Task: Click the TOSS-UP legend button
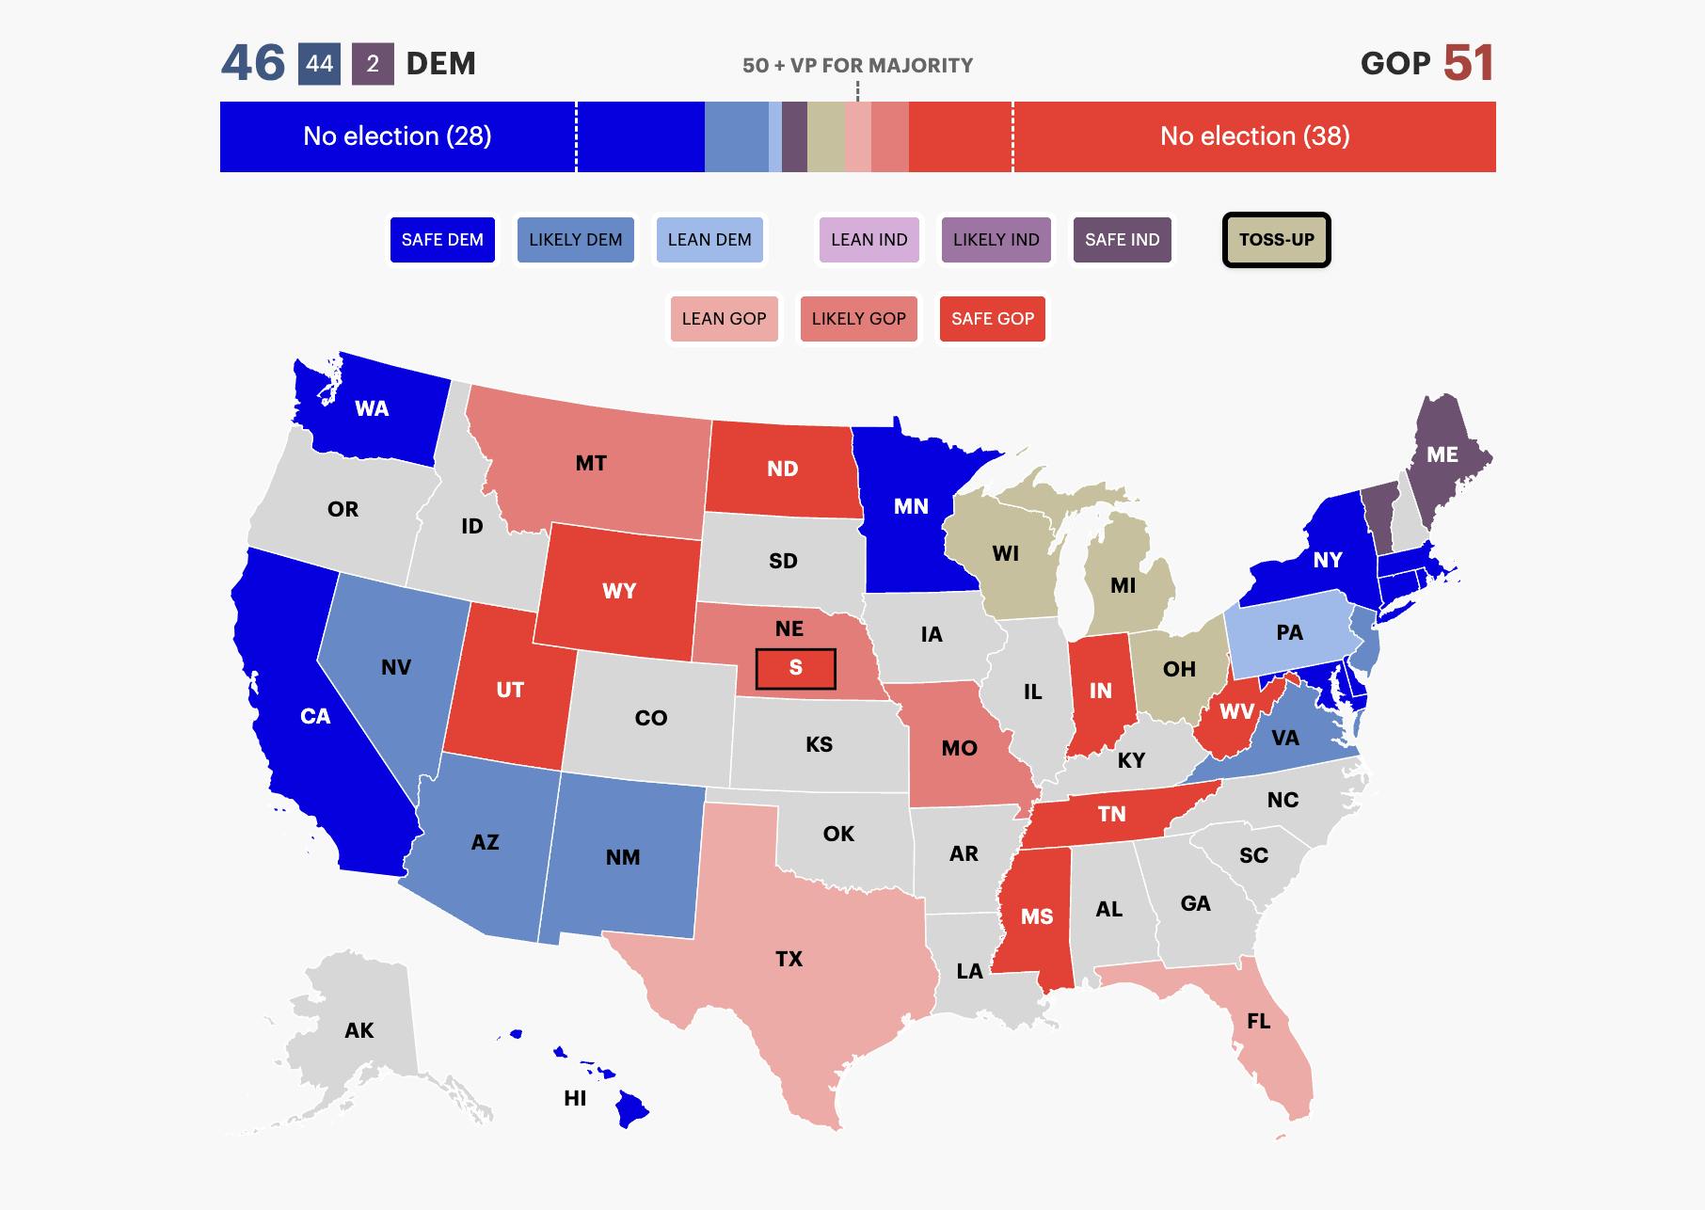coord(1276,240)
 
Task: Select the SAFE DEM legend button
coord(442,240)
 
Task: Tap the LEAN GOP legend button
coord(724,319)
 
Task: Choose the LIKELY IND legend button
coord(996,240)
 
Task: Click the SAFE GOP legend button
coord(992,319)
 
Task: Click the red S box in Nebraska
coord(795,668)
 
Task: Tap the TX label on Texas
coord(789,959)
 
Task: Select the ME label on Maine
coord(1442,455)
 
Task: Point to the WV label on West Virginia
coord(1236,711)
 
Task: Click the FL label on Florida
coord(1258,1021)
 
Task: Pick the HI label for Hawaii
coord(575,1098)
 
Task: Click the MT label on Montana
coord(591,463)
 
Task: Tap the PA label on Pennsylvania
coord(1289,632)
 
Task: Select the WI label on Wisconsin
coord(1005,553)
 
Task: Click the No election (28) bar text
coord(397,136)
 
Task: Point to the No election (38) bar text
coord(1254,136)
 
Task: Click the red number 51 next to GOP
coord(1468,63)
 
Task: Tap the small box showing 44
coord(319,64)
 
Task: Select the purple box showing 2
coord(373,64)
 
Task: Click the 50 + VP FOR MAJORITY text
coord(857,65)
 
